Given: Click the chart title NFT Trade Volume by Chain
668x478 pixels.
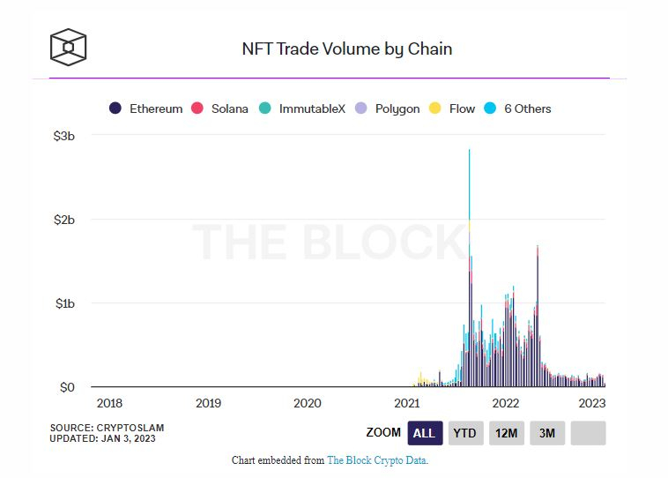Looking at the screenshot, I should [347, 49].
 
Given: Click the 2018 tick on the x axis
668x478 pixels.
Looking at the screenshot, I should [109, 403].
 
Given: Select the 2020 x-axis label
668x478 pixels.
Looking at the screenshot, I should [307, 403].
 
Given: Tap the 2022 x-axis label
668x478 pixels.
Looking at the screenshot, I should [506, 403].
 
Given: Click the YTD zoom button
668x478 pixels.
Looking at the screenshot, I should [465, 433].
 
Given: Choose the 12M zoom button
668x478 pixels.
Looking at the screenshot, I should [506, 433].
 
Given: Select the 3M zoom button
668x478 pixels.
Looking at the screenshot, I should [547, 433].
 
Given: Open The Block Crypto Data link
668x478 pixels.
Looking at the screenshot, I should [377, 460].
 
